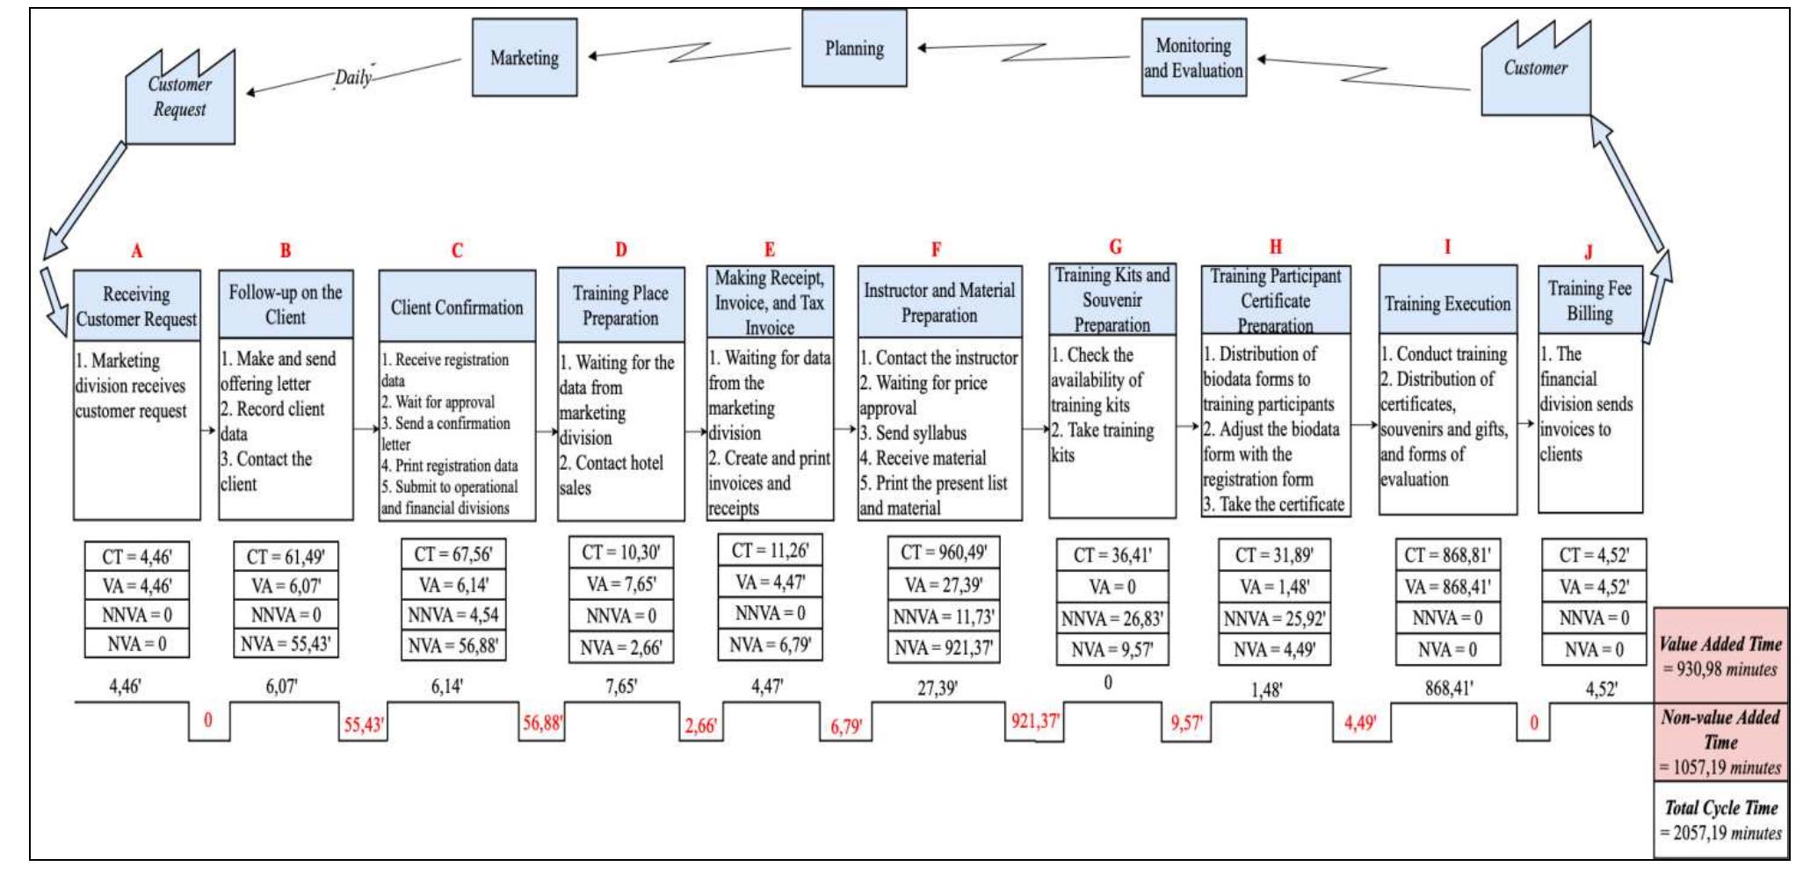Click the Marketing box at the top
pyautogui.click(x=525, y=58)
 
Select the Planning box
pyautogui.click(x=853, y=49)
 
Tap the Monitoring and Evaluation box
pyautogui.click(x=1193, y=58)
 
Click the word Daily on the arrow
pyautogui.click(x=352, y=77)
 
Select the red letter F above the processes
pyautogui.click(x=936, y=250)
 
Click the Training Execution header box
pyautogui.click(x=1447, y=303)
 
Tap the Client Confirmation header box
pyautogui.click(x=457, y=307)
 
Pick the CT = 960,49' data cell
pyautogui.click(x=944, y=553)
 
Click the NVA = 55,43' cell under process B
pyautogui.click(x=286, y=644)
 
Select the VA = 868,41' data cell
pyautogui.click(x=1447, y=587)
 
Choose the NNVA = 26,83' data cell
pyautogui.click(x=1111, y=618)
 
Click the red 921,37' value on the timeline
pyautogui.click(x=1035, y=722)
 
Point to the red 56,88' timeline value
pyautogui.click(x=542, y=724)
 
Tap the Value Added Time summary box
pyautogui.click(x=1720, y=655)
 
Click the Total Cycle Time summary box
pyautogui.click(x=1720, y=820)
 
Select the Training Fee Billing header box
pyautogui.click(x=1589, y=300)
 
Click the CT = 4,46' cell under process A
pyautogui.click(x=137, y=557)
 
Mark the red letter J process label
pyautogui.click(x=1588, y=253)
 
